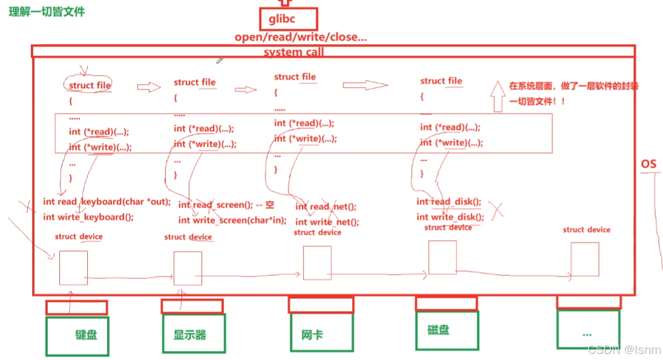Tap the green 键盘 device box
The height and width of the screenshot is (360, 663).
[77, 336]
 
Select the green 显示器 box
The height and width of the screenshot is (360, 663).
[193, 333]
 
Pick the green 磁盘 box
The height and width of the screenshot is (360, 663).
[447, 330]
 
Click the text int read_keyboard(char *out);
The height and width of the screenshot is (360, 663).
[107, 201]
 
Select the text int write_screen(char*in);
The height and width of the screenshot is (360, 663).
[232, 220]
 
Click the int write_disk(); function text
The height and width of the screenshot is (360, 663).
[450, 217]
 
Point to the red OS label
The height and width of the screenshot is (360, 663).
[648, 165]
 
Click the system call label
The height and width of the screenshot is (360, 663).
[294, 52]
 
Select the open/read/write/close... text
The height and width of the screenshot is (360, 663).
[301, 38]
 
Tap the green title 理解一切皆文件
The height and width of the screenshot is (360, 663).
[47, 11]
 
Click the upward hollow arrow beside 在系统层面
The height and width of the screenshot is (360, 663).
[498, 96]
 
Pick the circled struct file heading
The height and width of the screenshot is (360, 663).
[90, 85]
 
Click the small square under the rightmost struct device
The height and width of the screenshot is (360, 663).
[584, 260]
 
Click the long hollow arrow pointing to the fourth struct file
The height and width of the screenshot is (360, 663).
[365, 85]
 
